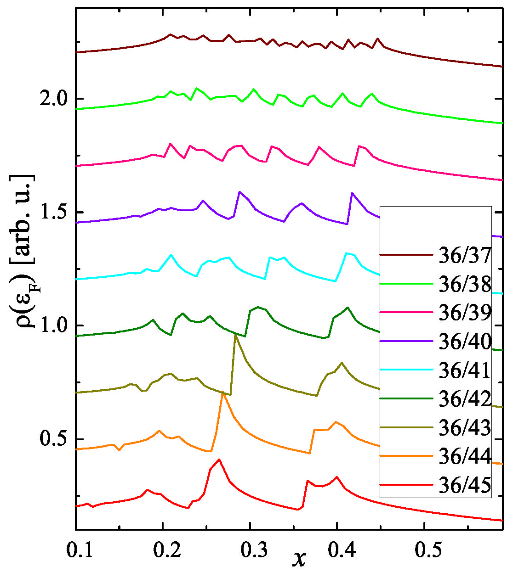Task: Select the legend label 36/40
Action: point(465,342)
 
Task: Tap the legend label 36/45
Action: point(465,485)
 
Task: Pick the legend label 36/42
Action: point(465,399)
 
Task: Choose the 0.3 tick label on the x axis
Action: point(250,550)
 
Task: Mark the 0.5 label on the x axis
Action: point(424,550)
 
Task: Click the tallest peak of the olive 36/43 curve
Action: point(235,335)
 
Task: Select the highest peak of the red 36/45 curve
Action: point(219,459)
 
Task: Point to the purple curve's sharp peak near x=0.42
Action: point(352,193)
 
